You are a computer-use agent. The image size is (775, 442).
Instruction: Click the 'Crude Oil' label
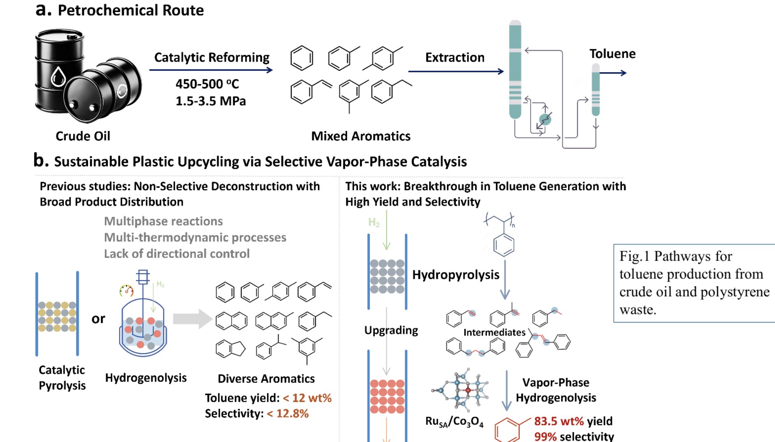83,136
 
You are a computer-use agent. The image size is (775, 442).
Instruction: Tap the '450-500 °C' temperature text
207,84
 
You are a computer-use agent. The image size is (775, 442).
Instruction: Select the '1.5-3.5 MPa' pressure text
211,101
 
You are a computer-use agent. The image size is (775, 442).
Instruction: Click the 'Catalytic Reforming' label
211,57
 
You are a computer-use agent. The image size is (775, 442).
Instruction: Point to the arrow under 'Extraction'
455,71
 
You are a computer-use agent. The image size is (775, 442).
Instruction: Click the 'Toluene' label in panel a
612,54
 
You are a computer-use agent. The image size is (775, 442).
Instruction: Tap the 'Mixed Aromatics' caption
360,136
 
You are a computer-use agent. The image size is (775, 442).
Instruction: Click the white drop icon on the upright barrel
58,76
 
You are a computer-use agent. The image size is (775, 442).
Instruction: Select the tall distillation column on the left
515,70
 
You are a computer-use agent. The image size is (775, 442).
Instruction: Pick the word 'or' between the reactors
98,319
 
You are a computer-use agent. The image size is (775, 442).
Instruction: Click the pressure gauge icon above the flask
126,290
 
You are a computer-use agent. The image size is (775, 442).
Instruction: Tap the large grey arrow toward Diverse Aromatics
192,319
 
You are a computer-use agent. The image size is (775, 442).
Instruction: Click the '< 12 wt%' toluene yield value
307,398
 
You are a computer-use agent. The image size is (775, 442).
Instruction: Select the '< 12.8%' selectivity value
288,413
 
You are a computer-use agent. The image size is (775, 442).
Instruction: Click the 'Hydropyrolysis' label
455,275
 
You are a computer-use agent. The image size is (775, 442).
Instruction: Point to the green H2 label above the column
374,223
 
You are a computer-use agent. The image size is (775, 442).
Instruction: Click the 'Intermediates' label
494,332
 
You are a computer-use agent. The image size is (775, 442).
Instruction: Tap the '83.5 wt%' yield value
559,421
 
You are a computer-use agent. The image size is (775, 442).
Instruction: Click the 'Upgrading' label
391,330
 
